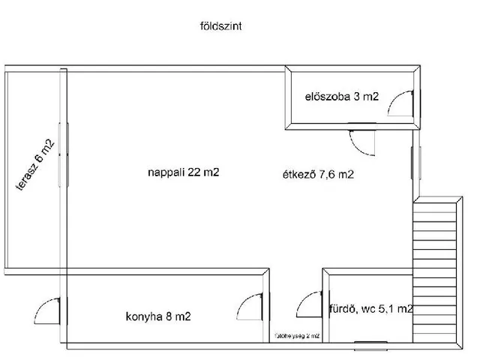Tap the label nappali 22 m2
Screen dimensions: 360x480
(x=184, y=172)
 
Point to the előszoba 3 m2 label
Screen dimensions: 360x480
(x=342, y=96)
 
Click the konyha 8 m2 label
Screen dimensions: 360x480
(x=158, y=316)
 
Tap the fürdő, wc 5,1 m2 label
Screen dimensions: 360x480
(x=370, y=308)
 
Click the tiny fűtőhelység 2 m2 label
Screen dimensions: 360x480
(x=298, y=337)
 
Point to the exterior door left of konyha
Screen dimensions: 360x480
(x=49, y=309)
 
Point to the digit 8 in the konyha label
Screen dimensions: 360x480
(x=168, y=316)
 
